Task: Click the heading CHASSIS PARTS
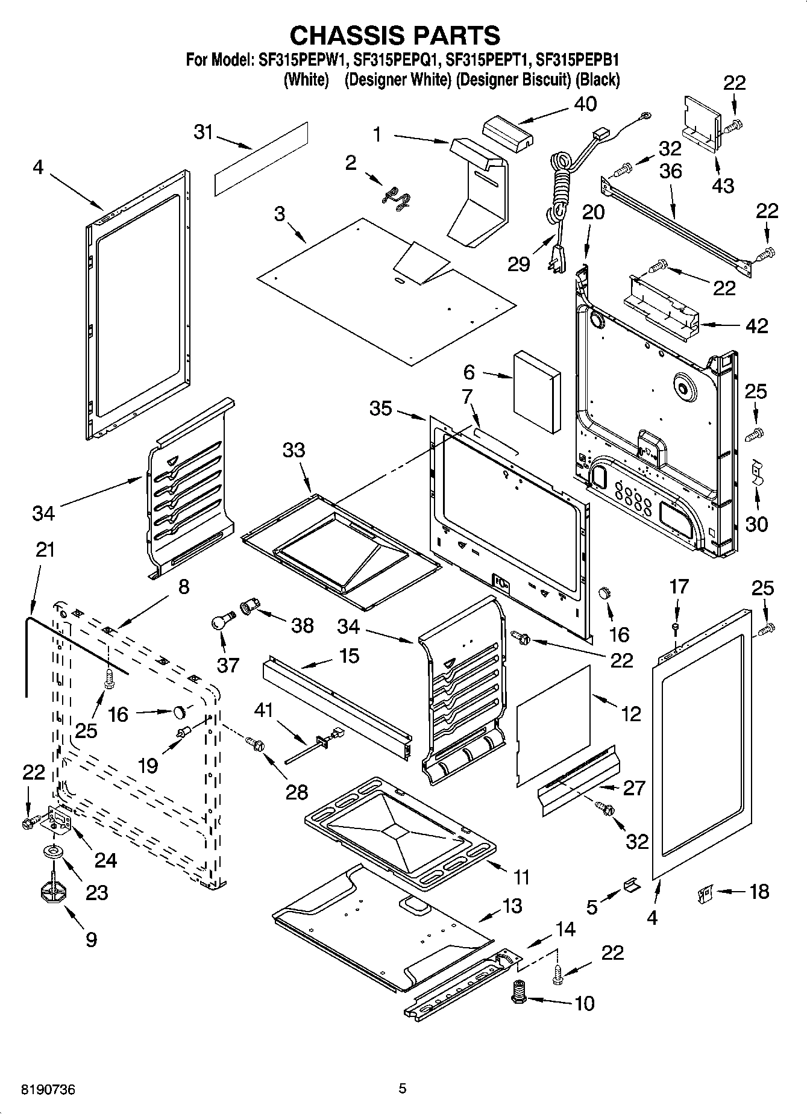(x=395, y=36)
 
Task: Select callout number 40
(x=585, y=104)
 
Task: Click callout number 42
(x=756, y=326)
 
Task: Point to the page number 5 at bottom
(x=403, y=1089)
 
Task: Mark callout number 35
(x=380, y=408)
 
